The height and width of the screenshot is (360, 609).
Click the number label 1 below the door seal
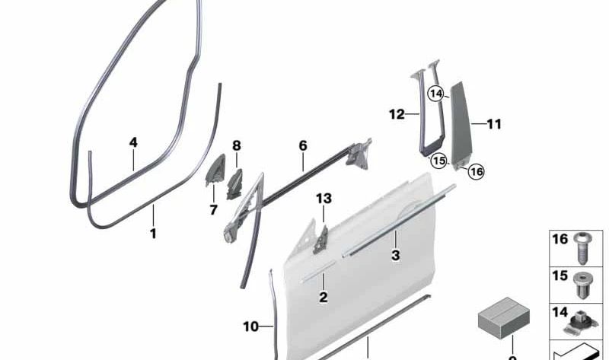(x=153, y=234)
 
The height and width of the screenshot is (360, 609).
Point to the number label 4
(x=133, y=142)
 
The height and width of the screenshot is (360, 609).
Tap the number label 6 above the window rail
(x=302, y=145)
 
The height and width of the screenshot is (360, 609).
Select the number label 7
(x=213, y=209)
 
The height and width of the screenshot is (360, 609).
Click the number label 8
(x=236, y=145)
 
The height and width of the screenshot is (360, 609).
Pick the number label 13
(x=324, y=199)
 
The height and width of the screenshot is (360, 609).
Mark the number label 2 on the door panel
(x=324, y=298)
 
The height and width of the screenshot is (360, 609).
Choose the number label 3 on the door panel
(x=395, y=256)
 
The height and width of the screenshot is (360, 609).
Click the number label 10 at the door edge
(x=251, y=327)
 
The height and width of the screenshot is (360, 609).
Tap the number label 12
(x=397, y=115)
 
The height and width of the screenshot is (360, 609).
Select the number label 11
(x=494, y=123)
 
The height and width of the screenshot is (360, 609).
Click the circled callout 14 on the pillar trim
(x=435, y=94)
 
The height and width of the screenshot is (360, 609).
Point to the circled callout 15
(x=438, y=161)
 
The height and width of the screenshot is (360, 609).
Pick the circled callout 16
(x=477, y=171)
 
